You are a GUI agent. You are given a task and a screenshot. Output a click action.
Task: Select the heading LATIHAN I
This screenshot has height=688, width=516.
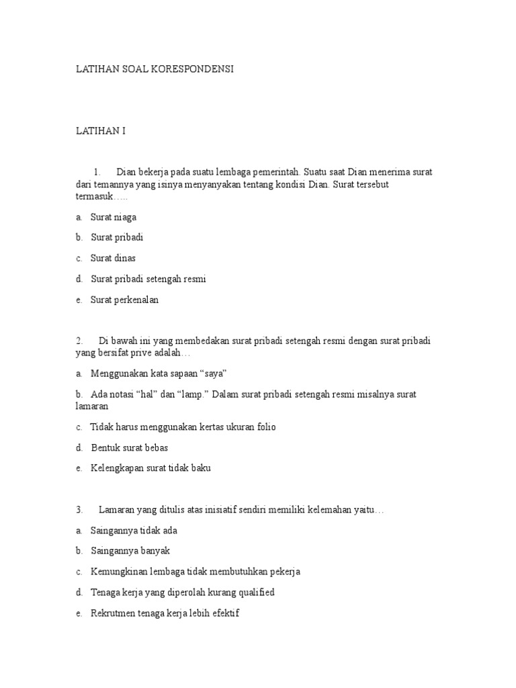(x=100, y=132)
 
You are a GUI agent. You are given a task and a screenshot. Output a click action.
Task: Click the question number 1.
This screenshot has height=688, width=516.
(x=97, y=172)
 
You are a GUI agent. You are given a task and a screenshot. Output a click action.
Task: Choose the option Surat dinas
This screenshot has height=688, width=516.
(x=113, y=259)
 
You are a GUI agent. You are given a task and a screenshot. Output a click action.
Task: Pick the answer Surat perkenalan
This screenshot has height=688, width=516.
(x=124, y=300)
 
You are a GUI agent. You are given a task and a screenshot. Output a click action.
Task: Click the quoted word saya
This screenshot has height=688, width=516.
(x=224, y=373)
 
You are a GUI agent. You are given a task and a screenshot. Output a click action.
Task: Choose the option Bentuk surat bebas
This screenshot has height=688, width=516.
(x=129, y=447)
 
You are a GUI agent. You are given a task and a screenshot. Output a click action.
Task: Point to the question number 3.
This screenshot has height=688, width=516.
(x=79, y=510)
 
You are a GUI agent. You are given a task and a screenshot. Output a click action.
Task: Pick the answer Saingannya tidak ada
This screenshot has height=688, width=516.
(x=134, y=531)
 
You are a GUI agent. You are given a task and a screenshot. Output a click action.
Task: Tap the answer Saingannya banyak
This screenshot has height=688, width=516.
(x=130, y=551)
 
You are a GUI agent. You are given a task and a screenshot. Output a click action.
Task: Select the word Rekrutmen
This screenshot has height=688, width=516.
(x=113, y=613)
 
